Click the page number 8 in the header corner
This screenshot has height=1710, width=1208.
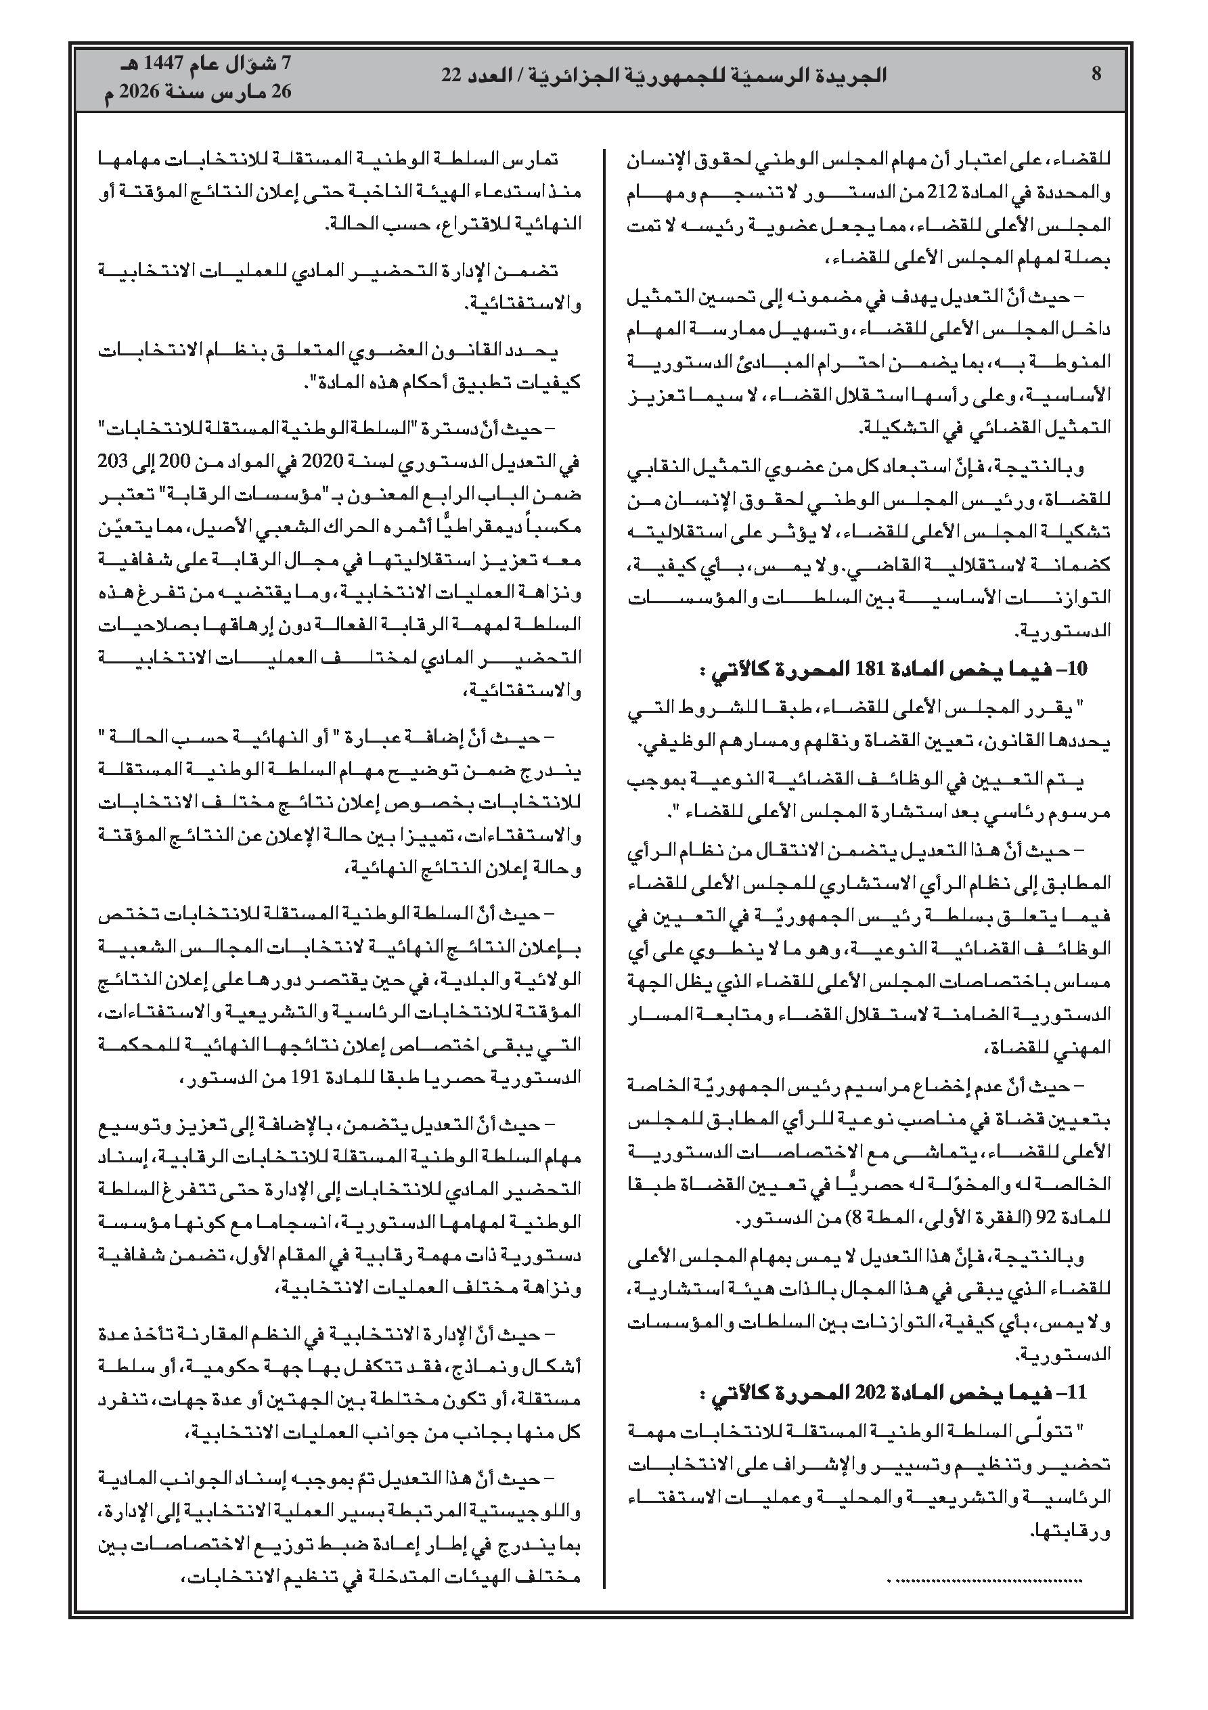[1096, 74]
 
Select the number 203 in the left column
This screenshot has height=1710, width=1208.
[111, 462]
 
